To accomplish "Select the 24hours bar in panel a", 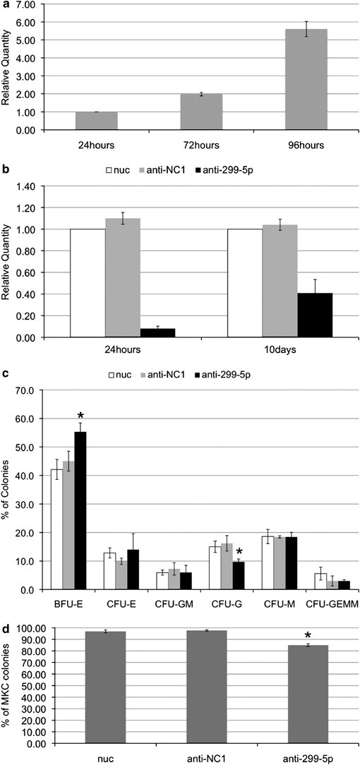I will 96,121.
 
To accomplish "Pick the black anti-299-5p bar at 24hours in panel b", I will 139,333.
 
